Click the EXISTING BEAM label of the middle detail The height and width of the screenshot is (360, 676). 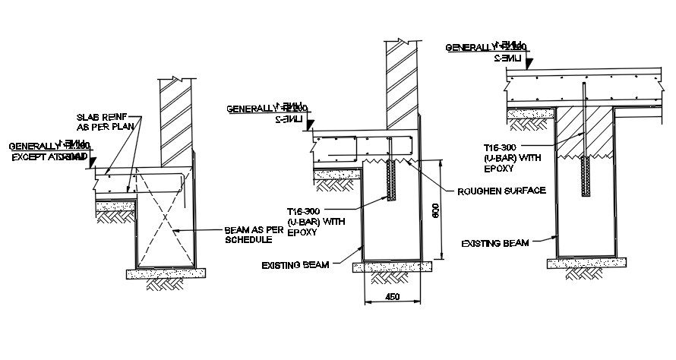tap(295, 265)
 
